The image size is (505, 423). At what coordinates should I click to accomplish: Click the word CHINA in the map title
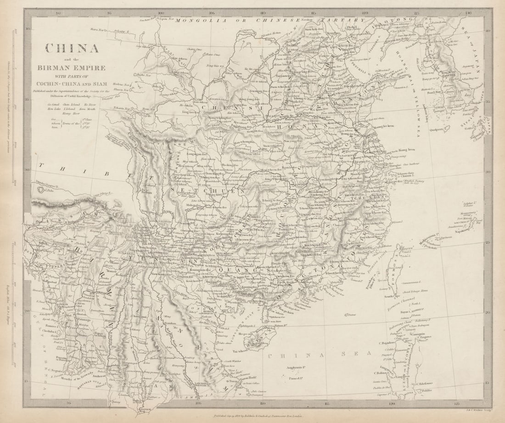point(71,48)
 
